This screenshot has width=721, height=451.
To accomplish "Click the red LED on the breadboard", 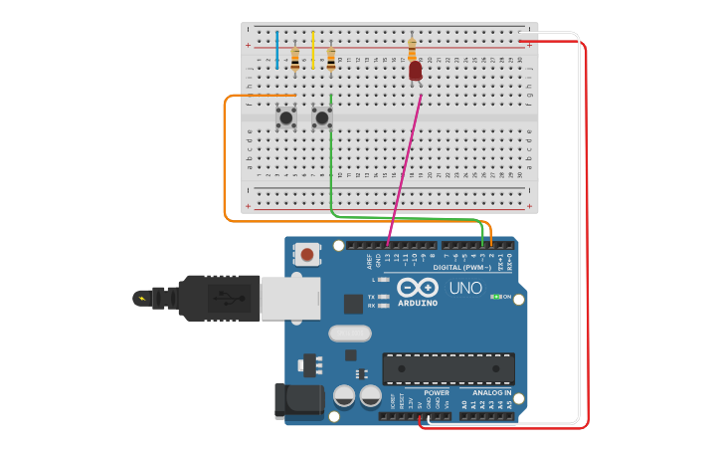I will pos(415,71).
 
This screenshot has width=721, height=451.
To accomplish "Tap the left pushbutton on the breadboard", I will pos(285,118).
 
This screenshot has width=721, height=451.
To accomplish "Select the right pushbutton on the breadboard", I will pos(321,118).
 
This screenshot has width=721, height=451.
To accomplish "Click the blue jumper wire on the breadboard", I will pos(277,50).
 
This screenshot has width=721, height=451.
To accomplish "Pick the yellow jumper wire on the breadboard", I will pos(312,50).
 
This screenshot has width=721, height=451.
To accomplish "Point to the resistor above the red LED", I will pos(412,49).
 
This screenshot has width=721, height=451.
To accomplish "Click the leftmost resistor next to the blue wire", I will pos(294,60).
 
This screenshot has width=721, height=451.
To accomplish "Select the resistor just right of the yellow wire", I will pos(330,60).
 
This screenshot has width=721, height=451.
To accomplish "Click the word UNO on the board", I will pos(465,288).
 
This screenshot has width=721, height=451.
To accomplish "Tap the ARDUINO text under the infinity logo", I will pos(418,303).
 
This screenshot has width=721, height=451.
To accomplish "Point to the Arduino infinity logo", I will pos(418,287).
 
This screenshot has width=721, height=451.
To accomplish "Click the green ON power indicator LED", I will pos(495,297).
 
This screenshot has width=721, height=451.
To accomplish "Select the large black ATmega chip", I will pos(449,368).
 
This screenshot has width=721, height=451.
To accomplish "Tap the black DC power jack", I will pos(298,399).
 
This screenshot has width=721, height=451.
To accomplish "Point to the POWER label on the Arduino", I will pos(437,392).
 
